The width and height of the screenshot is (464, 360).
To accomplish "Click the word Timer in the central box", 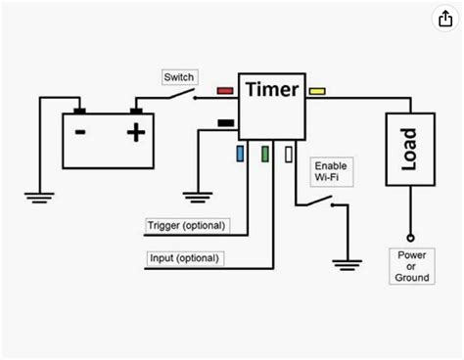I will (273, 89).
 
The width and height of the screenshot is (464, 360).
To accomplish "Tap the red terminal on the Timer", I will (224, 91).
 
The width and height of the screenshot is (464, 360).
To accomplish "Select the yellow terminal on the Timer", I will (318, 91).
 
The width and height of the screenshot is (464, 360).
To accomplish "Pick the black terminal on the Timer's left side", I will (224, 122).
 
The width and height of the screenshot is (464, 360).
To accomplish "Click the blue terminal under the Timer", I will (241, 153).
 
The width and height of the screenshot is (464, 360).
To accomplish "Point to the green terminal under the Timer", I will (265, 153).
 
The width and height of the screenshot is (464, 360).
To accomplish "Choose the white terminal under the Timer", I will (289, 153).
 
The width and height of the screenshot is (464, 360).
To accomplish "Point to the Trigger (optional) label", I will (187, 226).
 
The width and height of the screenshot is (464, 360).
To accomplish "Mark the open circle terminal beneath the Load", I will (408, 236).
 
